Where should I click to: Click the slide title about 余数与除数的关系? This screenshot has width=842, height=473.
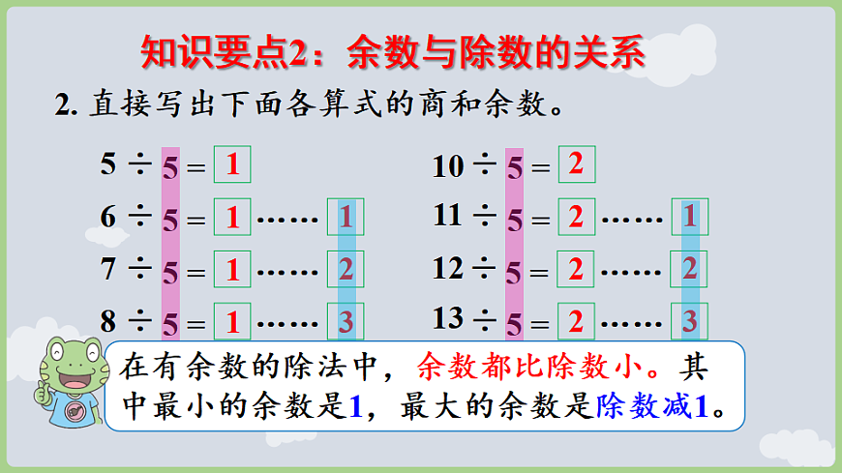(392, 51)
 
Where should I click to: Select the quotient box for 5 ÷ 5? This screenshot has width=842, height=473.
(232, 164)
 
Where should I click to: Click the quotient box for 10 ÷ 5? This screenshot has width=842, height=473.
(576, 164)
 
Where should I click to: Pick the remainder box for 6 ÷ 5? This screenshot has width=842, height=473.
(346, 218)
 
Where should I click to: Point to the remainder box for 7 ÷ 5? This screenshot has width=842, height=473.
(346, 269)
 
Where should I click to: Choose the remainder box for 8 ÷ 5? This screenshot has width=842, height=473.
(346, 319)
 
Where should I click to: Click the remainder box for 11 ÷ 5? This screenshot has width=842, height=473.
(689, 217)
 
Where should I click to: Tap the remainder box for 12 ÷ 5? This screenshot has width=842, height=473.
(689, 268)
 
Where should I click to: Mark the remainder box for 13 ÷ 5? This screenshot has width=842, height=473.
(689, 319)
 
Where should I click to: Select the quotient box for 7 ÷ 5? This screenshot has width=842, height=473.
(232, 269)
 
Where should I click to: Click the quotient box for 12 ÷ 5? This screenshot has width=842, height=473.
(576, 269)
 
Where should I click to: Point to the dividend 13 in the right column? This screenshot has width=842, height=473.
(448, 316)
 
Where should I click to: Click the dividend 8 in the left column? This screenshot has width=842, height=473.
(108, 318)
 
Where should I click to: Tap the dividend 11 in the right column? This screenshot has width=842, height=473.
(447, 215)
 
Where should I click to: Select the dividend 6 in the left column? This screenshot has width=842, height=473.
(108, 217)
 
